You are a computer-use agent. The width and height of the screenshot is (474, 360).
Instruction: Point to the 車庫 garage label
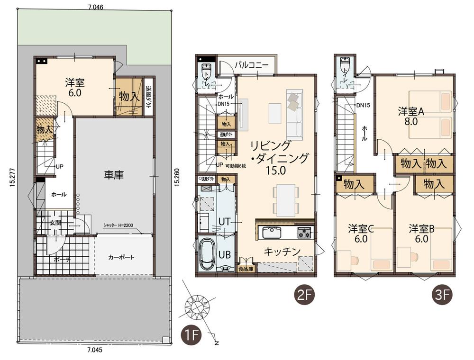[114, 175]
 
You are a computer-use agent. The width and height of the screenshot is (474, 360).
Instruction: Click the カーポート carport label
[121, 258]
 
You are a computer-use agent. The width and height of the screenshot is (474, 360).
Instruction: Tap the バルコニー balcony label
[252, 64]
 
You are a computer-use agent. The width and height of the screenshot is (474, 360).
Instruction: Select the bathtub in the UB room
[208, 254]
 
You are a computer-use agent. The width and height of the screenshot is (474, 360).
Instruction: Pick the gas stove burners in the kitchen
[304, 233]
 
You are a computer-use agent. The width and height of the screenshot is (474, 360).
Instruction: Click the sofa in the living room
[293, 113]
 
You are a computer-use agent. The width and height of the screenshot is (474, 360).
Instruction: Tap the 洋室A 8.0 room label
[411, 116]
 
